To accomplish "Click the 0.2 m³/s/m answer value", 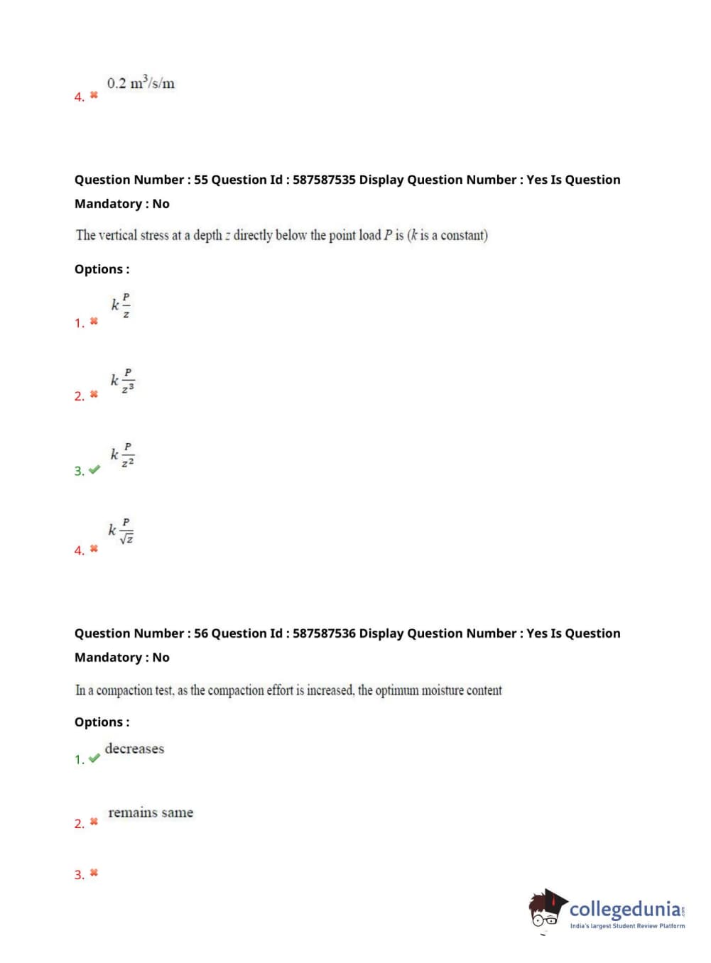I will pyautogui.click(x=141, y=83).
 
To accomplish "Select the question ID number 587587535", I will pyautogui.click(x=324, y=180).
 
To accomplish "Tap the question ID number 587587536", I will pyautogui.click(x=324, y=633).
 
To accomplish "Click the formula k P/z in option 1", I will pyautogui.click(x=121, y=305).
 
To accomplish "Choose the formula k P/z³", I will pyautogui.click(x=122, y=381).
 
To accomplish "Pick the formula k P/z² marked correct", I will pyautogui.click(x=122, y=455).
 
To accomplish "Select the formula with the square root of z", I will pyautogui.click(x=121, y=531).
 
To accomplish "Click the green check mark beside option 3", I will pyautogui.click(x=94, y=469).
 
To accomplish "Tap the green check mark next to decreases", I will pyautogui.click(x=94, y=758).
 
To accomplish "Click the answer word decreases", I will pyautogui.click(x=134, y=749).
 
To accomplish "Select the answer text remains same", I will pyautogui.click(x=151, y=812).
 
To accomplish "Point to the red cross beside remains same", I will pyautogui.click(x=94, y=822).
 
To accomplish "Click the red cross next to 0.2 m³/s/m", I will pyautogui.click(x=94, y=94).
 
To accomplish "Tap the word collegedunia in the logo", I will pyautogui.click(x=625, y=909).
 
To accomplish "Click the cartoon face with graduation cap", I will pyautogui.click(x=547, y=908).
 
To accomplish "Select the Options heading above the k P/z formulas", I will pyautogui.click(x=102, y=269).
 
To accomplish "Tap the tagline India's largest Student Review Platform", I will pyautogui.click(x=627, y=926).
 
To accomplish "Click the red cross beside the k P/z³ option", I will pyautogui.click(x=94, y=394).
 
